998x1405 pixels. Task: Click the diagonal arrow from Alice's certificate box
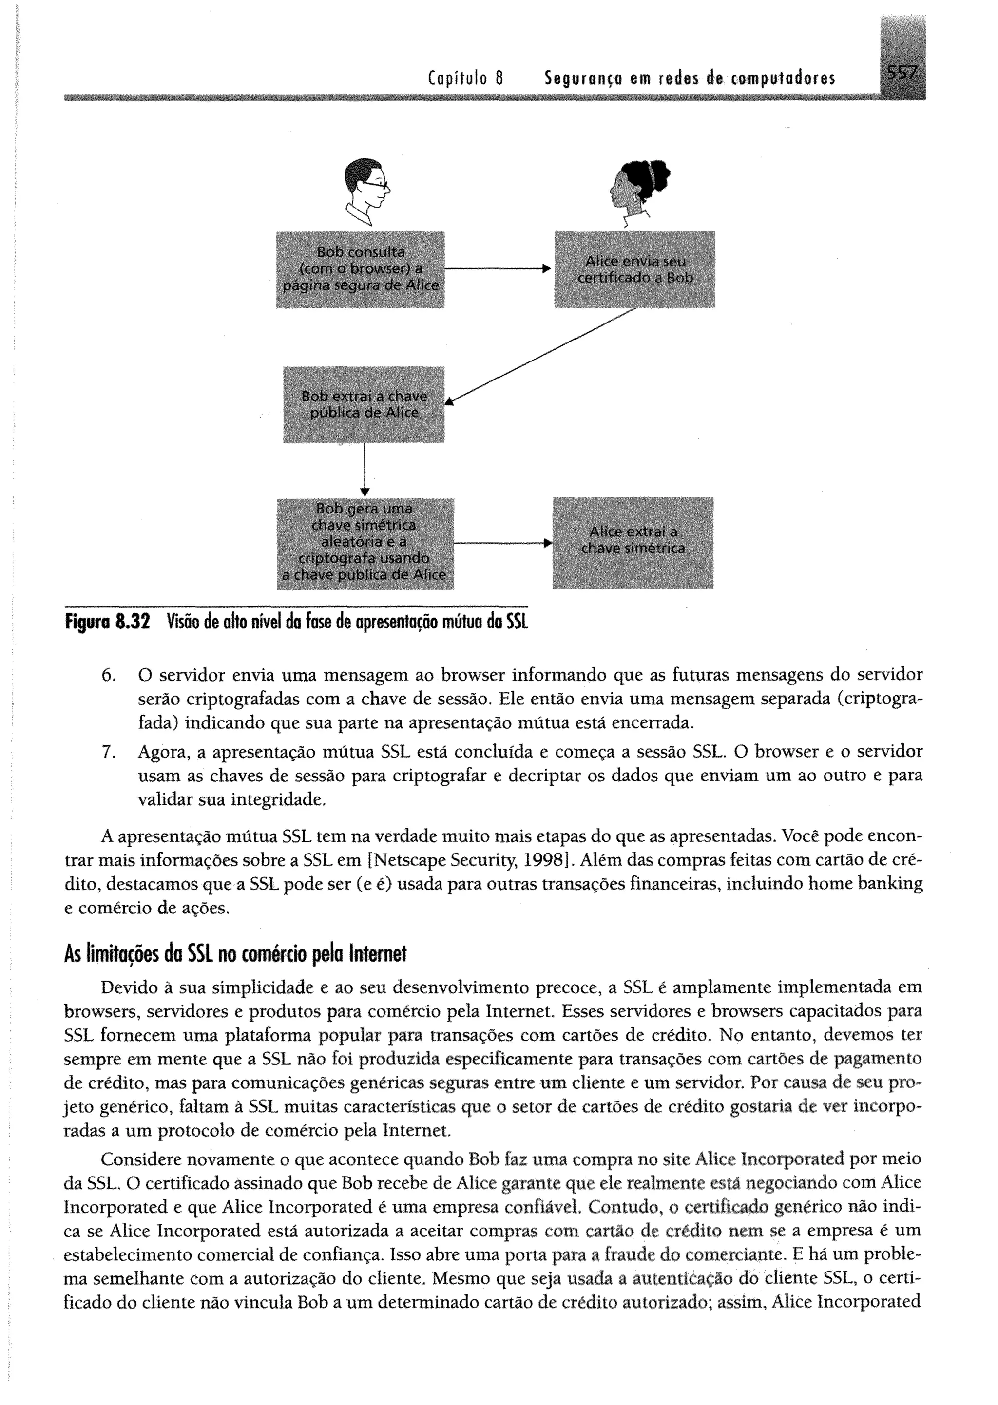[x=541, y=356]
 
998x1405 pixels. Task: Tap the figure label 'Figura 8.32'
[x=108, y=622]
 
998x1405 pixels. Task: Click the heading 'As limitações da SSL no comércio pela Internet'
[x=235, y=954]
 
